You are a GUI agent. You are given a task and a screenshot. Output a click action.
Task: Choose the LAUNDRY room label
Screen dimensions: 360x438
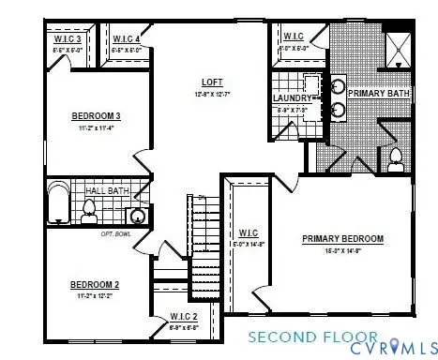click(x=292, y=97)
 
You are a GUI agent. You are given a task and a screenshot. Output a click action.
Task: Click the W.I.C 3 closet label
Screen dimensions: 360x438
click(x=65, y=38)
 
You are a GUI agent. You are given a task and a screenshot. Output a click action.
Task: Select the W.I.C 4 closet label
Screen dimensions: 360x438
click(x=127, y=38)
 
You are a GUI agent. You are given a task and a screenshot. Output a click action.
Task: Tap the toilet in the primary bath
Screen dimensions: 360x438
click(x=396, y=156)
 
